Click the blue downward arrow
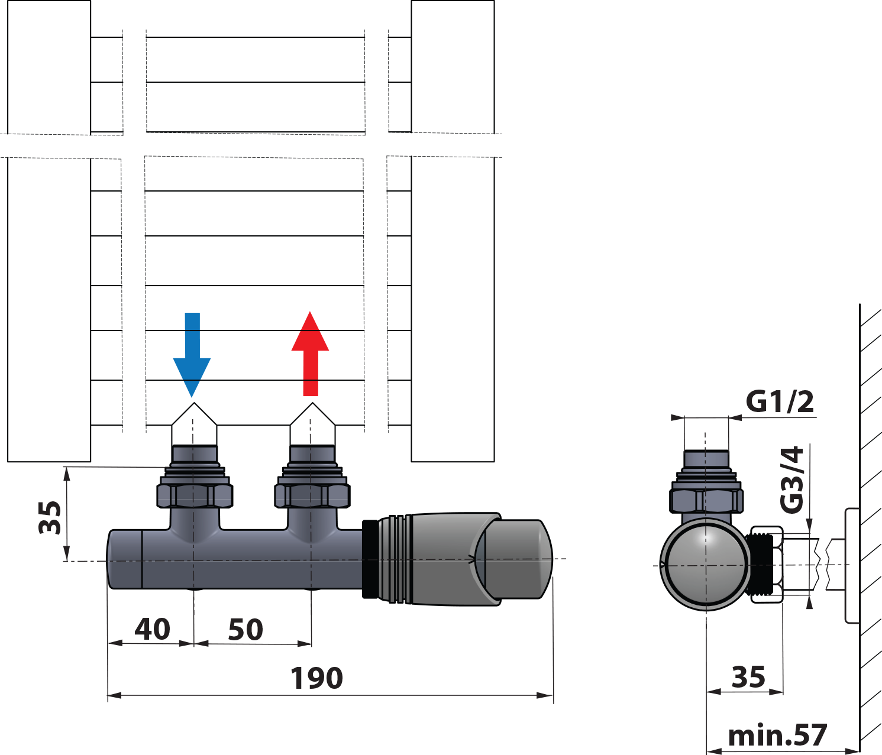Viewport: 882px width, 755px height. click(x=192, y=355)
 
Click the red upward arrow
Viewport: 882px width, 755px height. click(x=310, y=354)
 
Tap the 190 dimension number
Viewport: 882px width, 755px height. click(x=316, y=678)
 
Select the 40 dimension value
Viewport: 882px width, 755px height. click(x=153, y=629)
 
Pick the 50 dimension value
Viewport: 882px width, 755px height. click(x=245, y=630)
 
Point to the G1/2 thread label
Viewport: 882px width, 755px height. click(x=780, y=401)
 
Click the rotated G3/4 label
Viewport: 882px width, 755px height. click(x=792, y=479)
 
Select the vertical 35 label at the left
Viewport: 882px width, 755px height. click(x=50, y=517)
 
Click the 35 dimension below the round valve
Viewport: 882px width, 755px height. click(x=748, y=677)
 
